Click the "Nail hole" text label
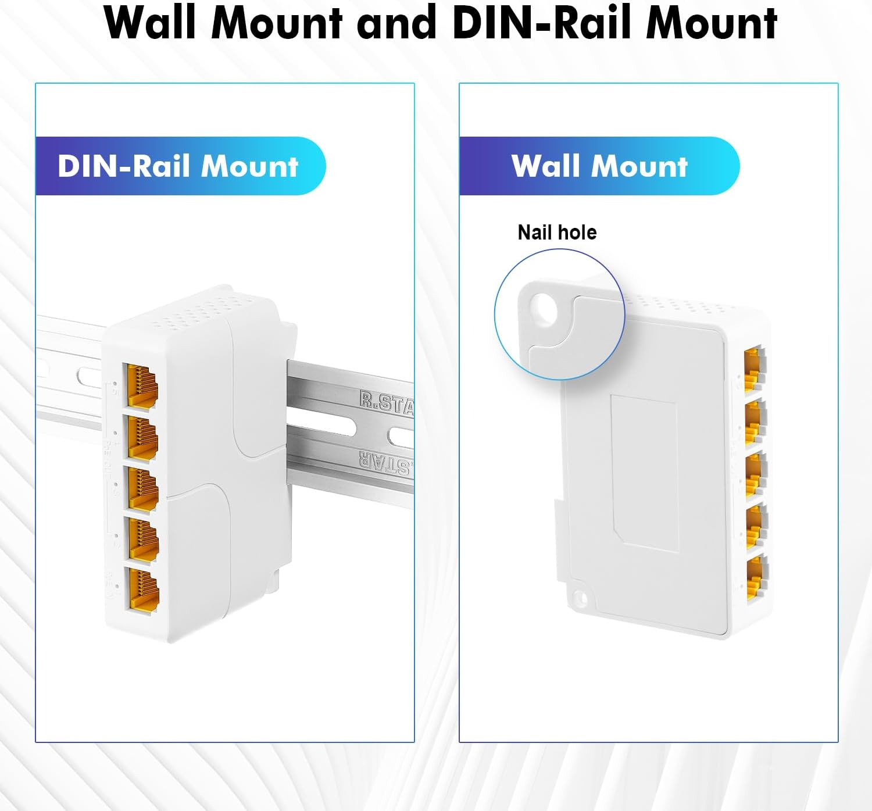click(x=557, y=233)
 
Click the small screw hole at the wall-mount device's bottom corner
click(x=579, y=597)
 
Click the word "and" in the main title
click(x=397, y=23)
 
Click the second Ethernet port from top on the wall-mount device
click(x=754, y=420)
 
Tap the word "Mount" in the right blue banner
click(x=639, y=166)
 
